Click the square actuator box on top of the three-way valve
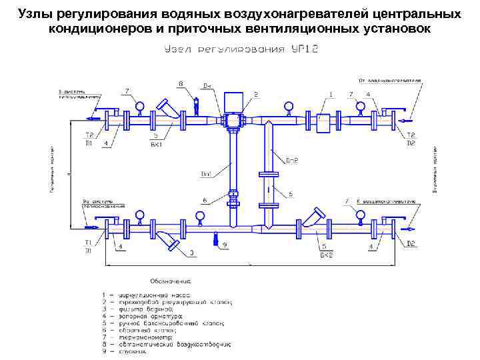point(233,102)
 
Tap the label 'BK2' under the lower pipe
point(326,255)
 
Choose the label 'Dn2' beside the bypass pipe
point(291,160)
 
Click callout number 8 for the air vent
point(180,83)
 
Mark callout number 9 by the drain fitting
point(225,245)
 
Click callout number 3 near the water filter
point(192,253)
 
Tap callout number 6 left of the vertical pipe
point(204,199)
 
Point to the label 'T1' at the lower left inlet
point(87,242)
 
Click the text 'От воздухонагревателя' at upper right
point(390,80)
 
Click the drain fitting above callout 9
point(215,238)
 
